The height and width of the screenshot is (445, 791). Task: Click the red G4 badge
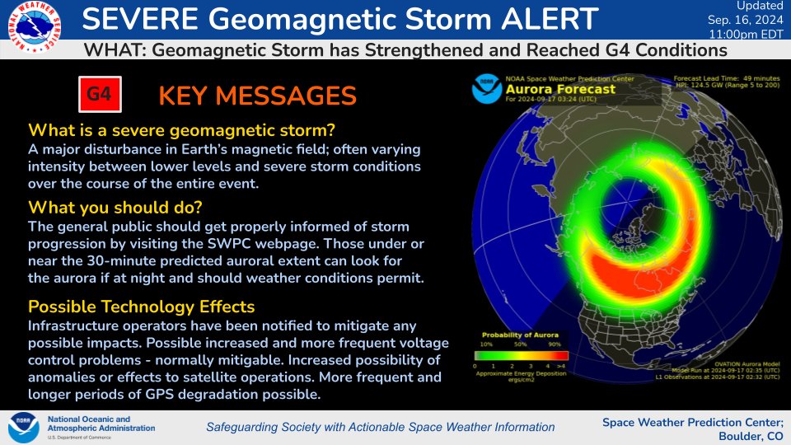click(99, 95)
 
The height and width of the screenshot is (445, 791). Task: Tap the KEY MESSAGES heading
click(257, 96)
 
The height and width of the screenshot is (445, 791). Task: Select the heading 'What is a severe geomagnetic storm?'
click(181, 130)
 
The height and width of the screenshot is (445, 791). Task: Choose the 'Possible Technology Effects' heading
click(141, 307)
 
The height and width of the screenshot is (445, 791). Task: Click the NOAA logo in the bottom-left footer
click(23, 427)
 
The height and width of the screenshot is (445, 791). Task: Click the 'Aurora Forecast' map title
click(560, 89)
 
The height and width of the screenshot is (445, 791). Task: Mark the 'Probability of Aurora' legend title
click(519, 335)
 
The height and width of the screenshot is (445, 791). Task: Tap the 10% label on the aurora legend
click(486, 344)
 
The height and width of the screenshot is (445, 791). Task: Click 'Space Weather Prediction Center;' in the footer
click(690, 422)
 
